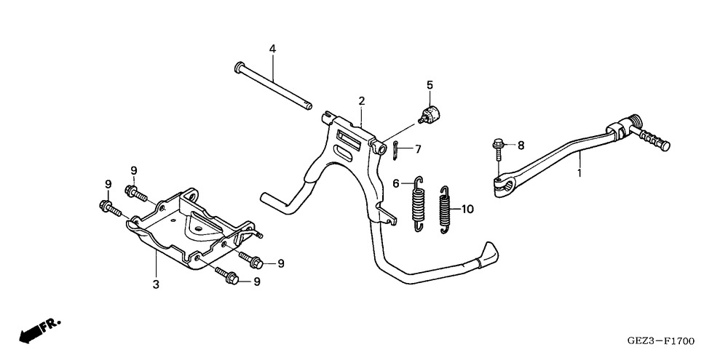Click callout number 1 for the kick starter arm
579,174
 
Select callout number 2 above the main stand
362,100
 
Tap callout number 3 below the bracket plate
155,284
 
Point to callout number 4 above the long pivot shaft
272,49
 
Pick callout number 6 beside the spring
396,184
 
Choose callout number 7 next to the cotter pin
418,149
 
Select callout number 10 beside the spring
467,210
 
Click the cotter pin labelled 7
394,151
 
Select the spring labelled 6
418,204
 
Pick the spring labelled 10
446,210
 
